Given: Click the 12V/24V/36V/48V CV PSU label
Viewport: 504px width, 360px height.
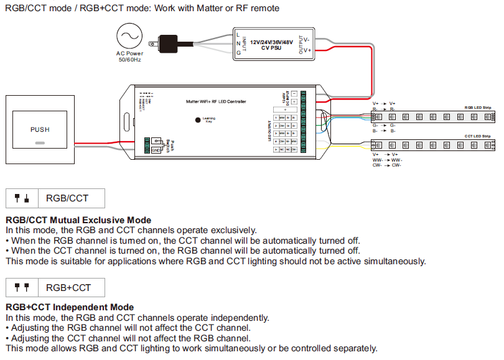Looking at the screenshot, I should pos(271,44).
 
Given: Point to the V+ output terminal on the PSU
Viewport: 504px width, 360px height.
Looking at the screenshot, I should pos(307,50).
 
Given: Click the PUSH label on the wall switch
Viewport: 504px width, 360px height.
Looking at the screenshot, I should pos(40,129).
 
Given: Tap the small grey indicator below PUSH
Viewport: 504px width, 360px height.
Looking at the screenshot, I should pos(40,142).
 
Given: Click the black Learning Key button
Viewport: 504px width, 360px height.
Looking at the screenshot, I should pos(198,119).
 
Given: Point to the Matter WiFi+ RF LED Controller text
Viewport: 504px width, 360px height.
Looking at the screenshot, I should pos(216,101).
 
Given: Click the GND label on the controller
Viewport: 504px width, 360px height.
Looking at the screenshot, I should pos(155,147).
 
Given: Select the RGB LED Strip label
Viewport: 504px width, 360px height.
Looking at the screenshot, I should pos(477,108).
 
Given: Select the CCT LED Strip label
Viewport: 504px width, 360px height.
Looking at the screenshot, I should pos(477,136).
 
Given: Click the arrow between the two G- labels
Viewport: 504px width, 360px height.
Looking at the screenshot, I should pos(384,125).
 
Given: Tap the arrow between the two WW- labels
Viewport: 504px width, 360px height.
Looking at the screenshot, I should pos(384,160).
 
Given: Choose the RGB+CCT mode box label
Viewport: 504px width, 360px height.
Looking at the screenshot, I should pos(68,287).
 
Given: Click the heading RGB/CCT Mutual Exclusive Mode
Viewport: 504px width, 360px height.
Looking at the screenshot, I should pos(78,220).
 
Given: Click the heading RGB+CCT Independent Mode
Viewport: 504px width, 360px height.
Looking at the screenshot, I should pos(70,307).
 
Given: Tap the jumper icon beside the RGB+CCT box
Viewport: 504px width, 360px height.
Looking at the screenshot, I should pos(22,287).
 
